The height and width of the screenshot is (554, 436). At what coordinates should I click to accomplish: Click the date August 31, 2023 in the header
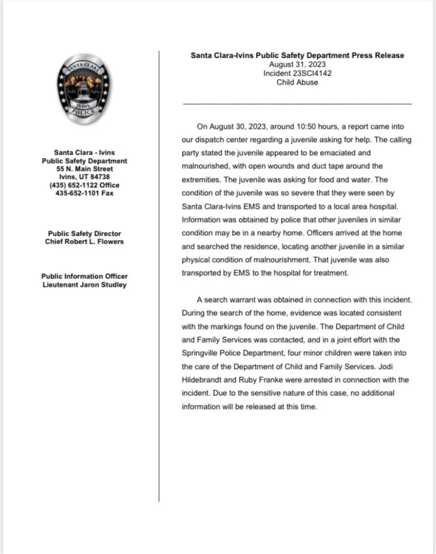(297, 64)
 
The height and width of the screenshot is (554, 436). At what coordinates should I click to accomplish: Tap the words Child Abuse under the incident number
(297, 83)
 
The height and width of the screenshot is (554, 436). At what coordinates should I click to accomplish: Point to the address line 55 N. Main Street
(84, 169)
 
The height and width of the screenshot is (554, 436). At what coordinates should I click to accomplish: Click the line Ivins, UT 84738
(84, 177)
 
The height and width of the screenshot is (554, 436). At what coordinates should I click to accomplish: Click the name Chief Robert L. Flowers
(84, 241)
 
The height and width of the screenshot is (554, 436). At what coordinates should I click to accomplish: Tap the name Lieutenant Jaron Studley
(84, 285)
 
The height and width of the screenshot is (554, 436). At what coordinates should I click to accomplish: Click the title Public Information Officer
(84, 276)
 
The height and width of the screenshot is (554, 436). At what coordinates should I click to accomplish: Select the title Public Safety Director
(84, 234)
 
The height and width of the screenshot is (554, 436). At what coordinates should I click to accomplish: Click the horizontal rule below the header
(297, 103)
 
